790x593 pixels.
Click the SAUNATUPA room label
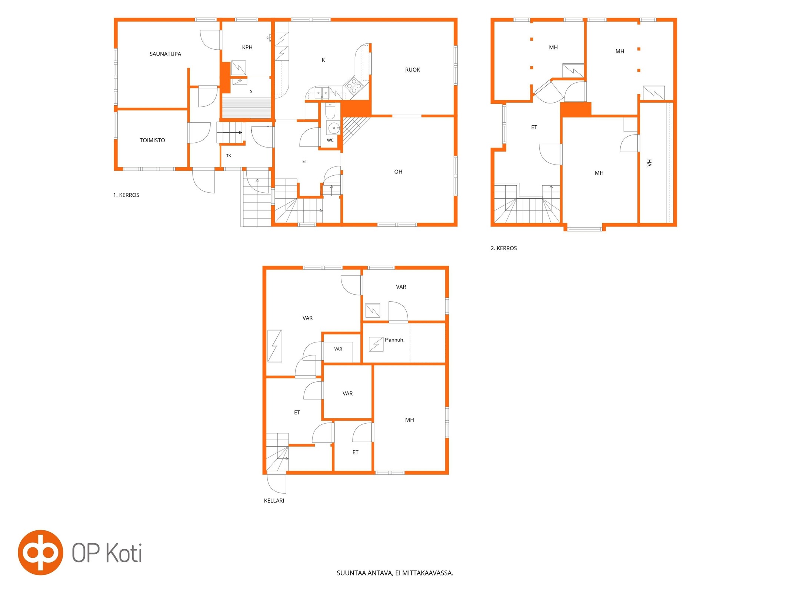click(x=165, y=54)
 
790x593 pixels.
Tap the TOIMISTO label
click(x=152, y=140)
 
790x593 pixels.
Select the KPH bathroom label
click(x=247, y=47)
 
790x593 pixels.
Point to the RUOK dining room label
click(x=413, y=70)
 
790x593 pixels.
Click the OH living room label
click(x=398, y=172)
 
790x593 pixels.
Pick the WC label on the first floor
click(x=330, y=140)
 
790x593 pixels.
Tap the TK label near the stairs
click(x=229, y=156)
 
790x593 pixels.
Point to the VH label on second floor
click(x=649, y=163)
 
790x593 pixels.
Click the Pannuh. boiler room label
click(x=394, y=340)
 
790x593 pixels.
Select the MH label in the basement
click(x=409, y=420)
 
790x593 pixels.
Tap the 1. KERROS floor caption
click(x=126, y=195)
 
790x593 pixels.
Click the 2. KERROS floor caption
click(x=504, y=248)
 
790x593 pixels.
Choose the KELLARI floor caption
click(x=274, y=501)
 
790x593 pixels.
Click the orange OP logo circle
click(x=40, y=553)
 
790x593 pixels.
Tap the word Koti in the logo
click(x=124, y=553)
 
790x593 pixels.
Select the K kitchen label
click(x=323, y=60)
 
